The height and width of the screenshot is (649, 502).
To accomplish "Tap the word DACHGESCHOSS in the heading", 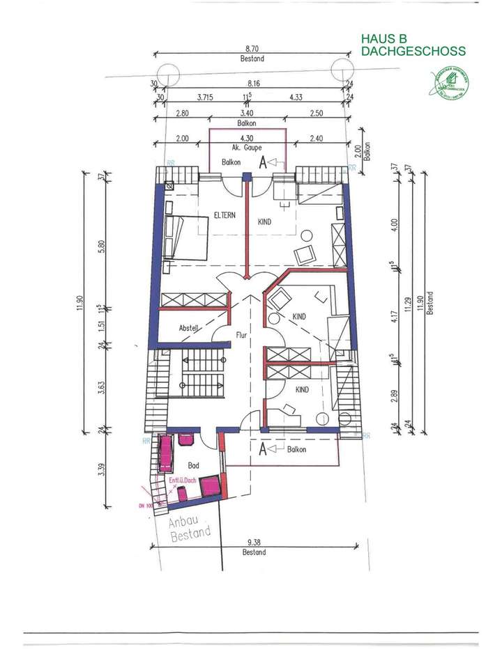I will (413, 52).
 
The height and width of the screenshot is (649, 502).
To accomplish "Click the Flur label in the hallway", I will (241, 335).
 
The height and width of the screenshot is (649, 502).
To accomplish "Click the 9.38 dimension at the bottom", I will (254, 543).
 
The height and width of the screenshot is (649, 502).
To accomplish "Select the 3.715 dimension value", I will (204, 98).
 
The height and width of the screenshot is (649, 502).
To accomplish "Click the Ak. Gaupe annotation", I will (245, 148).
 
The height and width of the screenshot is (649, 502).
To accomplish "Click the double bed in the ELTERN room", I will (186, 237).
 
